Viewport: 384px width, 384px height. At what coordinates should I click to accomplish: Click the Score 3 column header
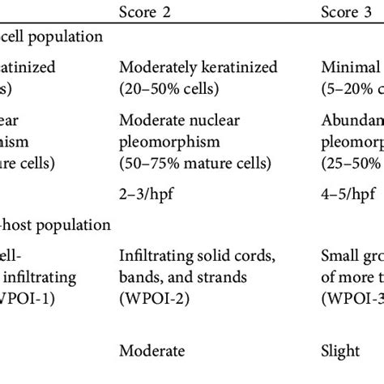pyautogui.click(x=344, y=12)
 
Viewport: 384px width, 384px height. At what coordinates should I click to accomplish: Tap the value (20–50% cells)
pyautogui.click(x=165, y=87)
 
